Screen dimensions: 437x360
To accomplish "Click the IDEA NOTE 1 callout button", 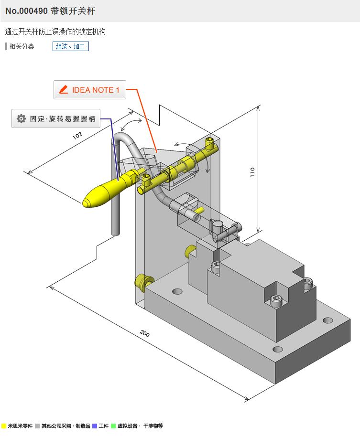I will tap(90, 90).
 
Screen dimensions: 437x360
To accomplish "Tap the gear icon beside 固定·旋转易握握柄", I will tap(21, 119).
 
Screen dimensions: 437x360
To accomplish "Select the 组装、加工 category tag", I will tap(70, 46).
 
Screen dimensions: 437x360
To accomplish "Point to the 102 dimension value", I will tap(77, 136).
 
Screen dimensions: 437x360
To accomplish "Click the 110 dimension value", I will tap(253, 172).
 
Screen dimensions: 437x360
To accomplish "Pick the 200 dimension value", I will tap(144, 333).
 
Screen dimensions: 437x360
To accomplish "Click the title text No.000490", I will tap(26, 11).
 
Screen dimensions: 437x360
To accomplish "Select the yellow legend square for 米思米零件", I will tap(4, 426).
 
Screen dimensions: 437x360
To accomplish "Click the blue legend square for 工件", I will tap(95, 426).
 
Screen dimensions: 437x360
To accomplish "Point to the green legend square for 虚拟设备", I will tap(113, 426).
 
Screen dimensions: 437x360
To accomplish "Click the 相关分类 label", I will tap(22, 46).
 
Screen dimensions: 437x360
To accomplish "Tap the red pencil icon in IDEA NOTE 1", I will tap(63, 90).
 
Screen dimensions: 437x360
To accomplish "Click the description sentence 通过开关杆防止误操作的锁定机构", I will tap(55, 32).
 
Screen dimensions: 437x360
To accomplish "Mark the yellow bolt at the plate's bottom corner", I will tap(142, 281).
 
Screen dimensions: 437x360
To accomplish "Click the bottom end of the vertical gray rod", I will tap(115, 233).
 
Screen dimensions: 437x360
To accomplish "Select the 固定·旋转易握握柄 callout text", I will tap(63, 119).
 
